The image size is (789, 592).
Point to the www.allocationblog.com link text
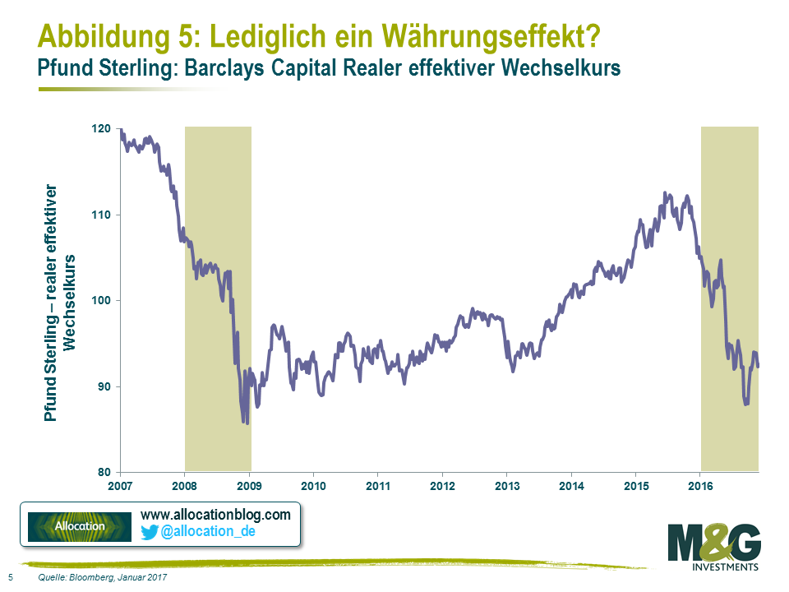[216, 515]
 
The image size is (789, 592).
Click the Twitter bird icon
[150, 532]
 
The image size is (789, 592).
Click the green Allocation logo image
[79, 526]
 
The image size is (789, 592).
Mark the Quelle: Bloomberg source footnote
[103, 578]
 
